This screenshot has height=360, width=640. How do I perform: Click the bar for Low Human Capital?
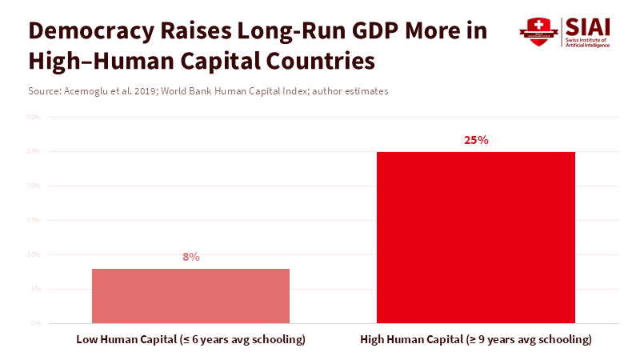coord(190,295)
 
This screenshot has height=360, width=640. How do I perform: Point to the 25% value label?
coord(476,140)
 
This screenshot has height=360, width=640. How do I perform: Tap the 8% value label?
coord(191,257)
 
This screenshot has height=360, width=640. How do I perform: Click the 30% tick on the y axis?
coord(34,117)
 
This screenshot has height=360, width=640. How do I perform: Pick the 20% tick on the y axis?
coord(34,186)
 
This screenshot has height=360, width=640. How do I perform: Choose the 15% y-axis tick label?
coord(34,220)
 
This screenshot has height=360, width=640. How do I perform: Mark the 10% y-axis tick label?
coord(34,254)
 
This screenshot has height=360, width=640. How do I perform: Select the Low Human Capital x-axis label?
coord(191,339)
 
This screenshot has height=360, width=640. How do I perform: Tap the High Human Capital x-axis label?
coord(476,339)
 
